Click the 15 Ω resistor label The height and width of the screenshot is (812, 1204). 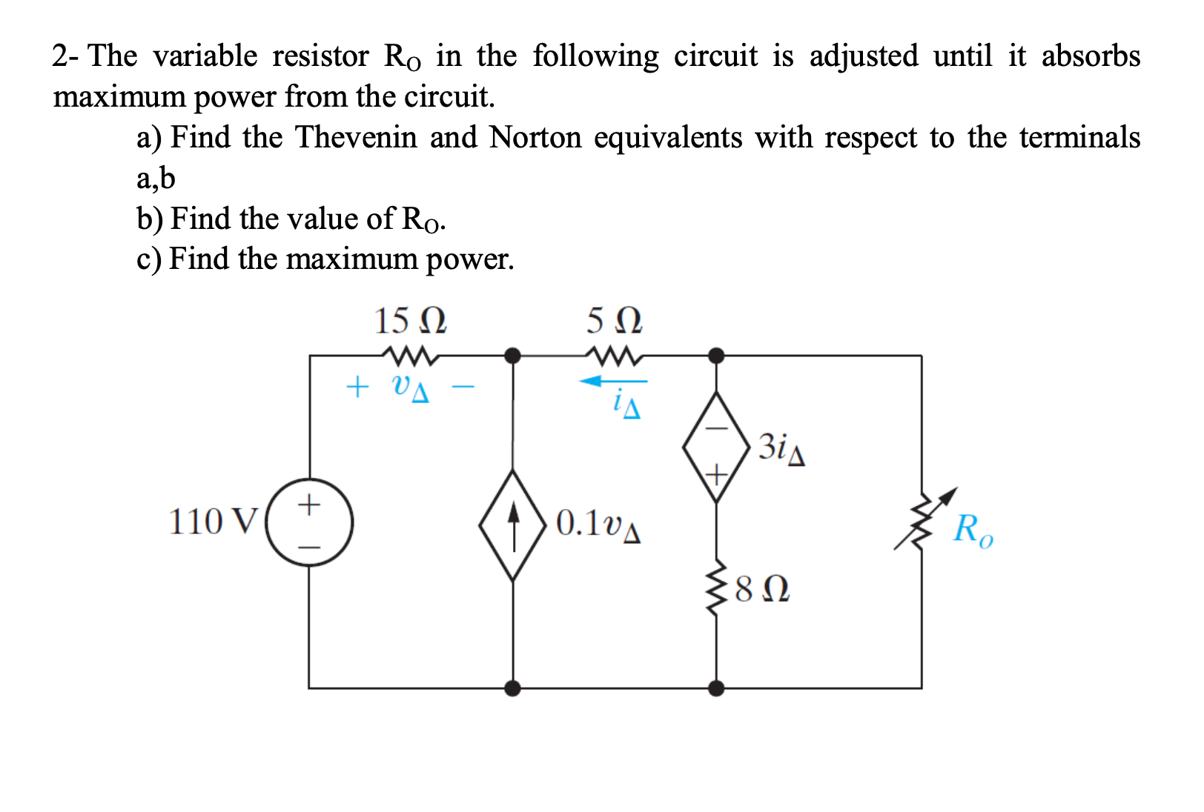[x=410, y=322]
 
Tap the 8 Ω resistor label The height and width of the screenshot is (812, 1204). [x=762, y=590]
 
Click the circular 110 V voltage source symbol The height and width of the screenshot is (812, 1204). [x=310, y=522]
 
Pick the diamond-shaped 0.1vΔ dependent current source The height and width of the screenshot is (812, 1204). [x=513, y=524]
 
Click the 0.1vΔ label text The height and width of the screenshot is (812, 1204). [x=598, y=524]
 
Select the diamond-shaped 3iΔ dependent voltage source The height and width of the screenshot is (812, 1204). [x=716, y=447]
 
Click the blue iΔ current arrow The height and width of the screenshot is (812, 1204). [x=612, y=382]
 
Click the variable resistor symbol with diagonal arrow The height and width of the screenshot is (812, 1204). [x=923, y=521]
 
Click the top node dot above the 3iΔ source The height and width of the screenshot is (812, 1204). [x=716, y=356]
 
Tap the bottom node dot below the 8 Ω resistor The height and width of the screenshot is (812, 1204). [x=716, y=688]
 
